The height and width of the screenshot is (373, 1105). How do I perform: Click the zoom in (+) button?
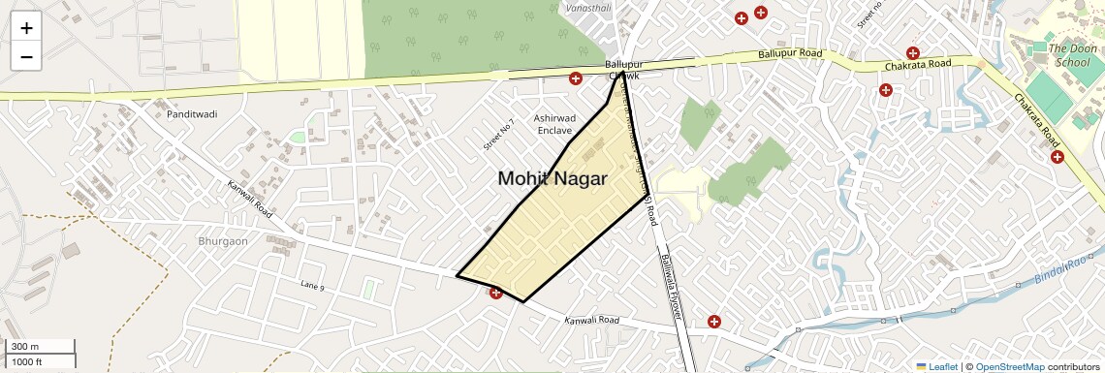[x=26, y=28]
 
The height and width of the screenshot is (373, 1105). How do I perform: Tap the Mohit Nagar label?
[x=552, y=178]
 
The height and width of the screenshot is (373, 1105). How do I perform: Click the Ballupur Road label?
[x=790, y=54]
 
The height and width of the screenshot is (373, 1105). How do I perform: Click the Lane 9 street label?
[x=311, y=285]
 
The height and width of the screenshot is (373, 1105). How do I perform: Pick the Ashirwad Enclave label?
[x=553, y=123]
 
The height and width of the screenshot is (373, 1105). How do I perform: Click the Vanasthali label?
[x=587, y=7]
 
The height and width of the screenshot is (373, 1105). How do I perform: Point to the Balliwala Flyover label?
[x=672, y=273]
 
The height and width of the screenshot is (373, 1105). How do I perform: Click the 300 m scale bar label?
[x=25, y=347]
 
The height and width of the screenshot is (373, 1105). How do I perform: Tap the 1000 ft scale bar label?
[x=27, y=361]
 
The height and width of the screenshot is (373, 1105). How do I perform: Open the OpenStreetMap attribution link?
[x=1009, y=366]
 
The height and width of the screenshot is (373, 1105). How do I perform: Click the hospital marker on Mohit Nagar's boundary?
[x=495, y=292]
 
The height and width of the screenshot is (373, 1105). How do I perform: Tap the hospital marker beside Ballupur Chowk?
[x=575, y=78]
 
